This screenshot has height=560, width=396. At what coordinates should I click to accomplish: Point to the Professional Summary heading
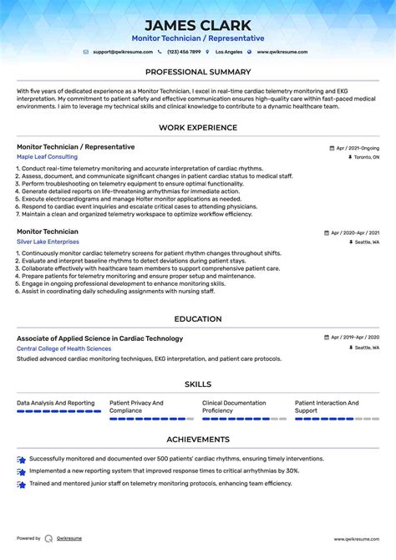(x=198, y=72)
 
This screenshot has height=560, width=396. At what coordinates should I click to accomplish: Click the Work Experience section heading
(x=198, y=128)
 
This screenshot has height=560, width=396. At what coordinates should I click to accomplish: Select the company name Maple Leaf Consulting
(x=47, y=156)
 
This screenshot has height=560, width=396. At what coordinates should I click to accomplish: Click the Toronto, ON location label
(x=365, y=157)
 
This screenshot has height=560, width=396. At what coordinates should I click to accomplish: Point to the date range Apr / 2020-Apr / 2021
(x=354, y=232)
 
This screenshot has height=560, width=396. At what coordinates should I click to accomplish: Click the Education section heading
(x=198, y=318)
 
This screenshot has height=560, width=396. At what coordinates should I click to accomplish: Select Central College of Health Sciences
(x=63, y=348)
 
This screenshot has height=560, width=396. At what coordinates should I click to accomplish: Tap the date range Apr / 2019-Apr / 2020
(x=354, y=339)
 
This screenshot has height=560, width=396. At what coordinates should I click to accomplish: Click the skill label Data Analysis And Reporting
(x=56, y=403)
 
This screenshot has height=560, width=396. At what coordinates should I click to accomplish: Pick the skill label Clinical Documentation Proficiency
(x=234, y=406)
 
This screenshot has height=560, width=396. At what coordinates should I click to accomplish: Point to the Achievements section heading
(x=198, y=439)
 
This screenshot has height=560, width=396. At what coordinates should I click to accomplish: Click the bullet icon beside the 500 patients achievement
(x=21, y=459)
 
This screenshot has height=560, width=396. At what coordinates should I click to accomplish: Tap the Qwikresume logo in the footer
(x=48, y=538)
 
